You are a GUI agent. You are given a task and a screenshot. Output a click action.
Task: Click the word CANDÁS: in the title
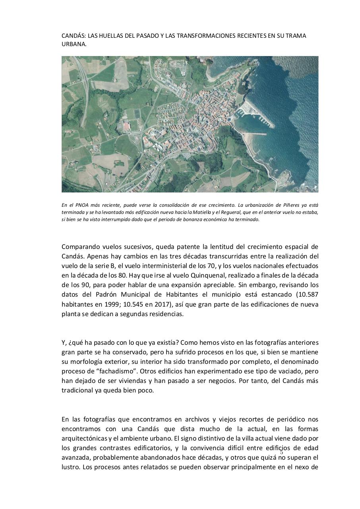click(74, 36)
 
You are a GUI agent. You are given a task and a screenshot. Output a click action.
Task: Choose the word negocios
click(272, 381)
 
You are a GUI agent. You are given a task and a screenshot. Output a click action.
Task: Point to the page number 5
click(282, 452)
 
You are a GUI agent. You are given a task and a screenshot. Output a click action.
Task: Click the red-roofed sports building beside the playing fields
click(127, 126)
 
